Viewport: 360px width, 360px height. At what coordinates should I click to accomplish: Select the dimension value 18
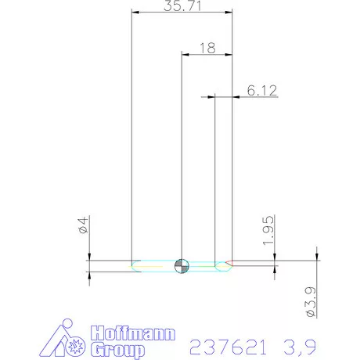coord(207,48)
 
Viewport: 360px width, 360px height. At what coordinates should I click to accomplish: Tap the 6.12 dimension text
coord(262,90)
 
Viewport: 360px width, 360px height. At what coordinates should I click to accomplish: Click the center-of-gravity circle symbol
coord(182,265)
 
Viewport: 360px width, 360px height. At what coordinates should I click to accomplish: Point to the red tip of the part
coord(229,261)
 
